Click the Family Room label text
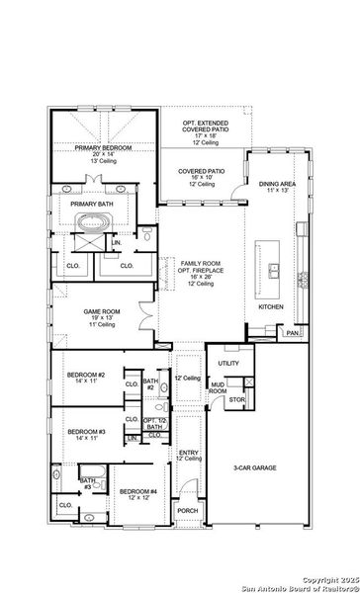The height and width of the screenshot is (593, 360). [201, 263]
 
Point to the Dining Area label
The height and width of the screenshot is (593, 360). [276, 183]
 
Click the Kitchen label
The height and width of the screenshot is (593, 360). [271, 307]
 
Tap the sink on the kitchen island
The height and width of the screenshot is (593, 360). [272, 270]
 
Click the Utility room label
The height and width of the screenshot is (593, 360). [229, 363]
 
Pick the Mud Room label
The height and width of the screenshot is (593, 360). [218, 388]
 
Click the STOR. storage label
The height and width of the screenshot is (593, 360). [237, 399]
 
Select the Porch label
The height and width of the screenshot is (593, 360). [187, 510]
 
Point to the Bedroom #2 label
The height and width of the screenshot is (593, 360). [87, 376]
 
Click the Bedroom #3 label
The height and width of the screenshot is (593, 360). [87, 431]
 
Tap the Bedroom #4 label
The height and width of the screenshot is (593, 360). [137, 491]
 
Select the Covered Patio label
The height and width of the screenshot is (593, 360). [201, 171]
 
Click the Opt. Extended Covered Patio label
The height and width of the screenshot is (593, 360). [204, 126]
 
